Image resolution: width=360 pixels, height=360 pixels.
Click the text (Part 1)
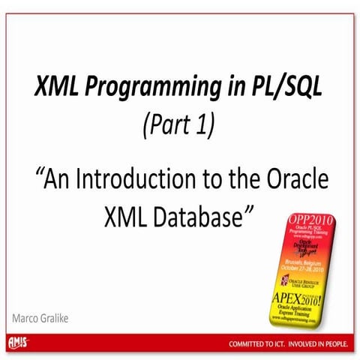pos(178,126)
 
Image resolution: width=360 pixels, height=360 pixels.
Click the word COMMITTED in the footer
pos(253,343)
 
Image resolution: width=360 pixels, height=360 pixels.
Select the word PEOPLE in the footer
pos(334,343)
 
